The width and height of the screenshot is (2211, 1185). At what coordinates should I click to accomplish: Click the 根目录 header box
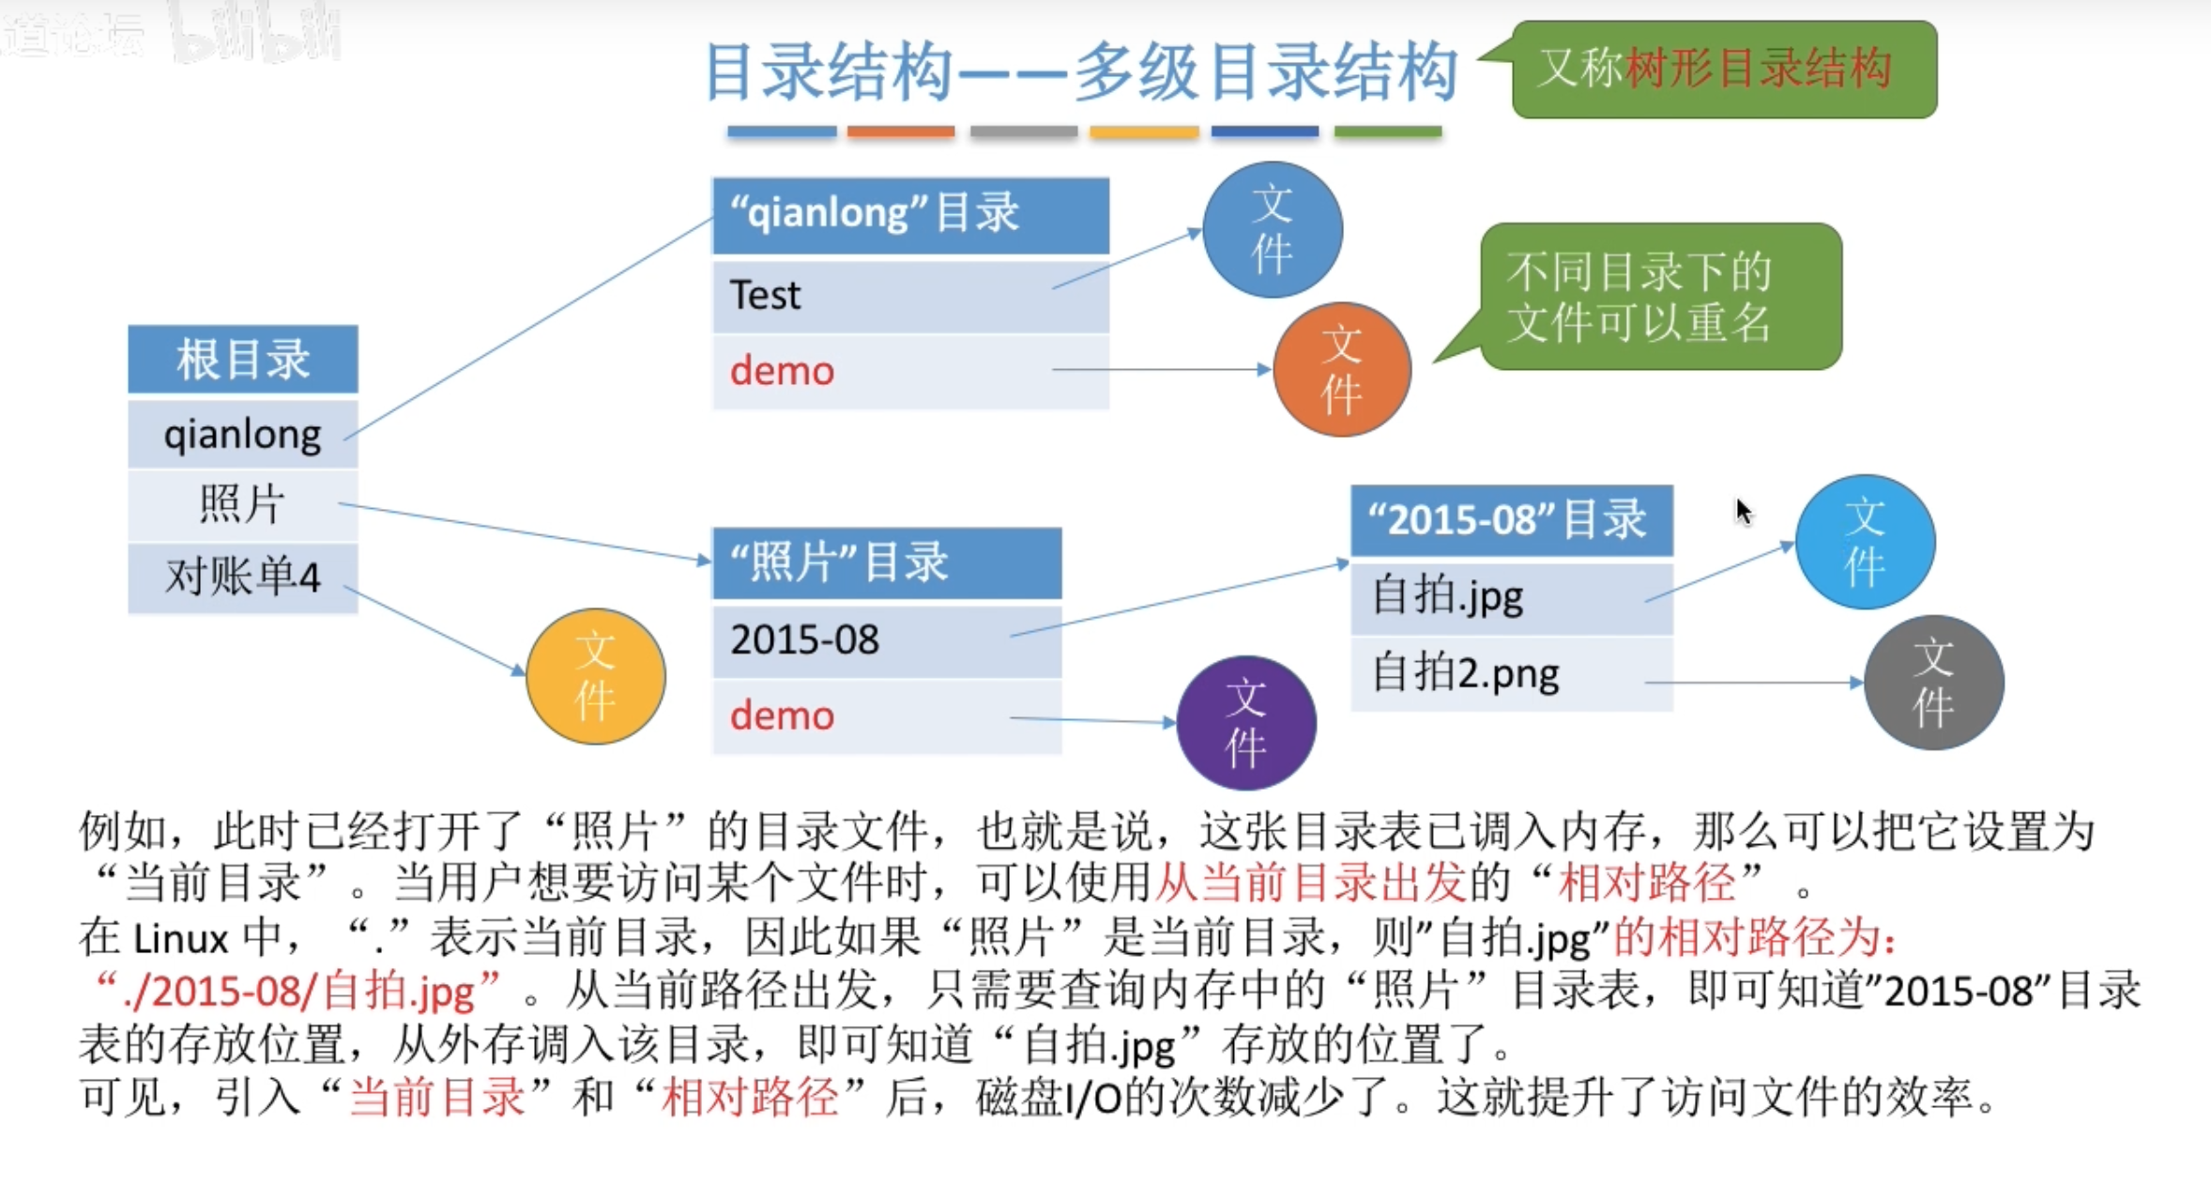242,359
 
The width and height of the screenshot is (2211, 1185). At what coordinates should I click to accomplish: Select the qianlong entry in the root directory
242,435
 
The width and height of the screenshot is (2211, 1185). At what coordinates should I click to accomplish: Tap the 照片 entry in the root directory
242,505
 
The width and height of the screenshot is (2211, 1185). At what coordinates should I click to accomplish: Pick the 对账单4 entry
242,577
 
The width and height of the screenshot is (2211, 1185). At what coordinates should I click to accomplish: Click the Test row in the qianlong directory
909,296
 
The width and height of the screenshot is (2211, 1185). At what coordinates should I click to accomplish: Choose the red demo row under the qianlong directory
909,372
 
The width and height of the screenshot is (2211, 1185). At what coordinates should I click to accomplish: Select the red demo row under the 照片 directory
886,716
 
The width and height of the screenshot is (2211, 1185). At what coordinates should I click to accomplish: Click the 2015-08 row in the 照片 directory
886,640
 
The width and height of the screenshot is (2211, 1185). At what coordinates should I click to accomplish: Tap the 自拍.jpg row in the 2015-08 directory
1511,597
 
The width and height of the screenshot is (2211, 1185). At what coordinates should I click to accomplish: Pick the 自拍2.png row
1511,674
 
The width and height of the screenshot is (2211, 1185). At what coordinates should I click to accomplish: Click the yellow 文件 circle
595,676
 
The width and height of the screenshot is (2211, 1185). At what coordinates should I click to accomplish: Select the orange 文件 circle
1341,370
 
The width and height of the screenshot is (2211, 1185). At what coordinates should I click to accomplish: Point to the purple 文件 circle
1245,723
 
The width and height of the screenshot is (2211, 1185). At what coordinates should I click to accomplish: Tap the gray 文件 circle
1933,683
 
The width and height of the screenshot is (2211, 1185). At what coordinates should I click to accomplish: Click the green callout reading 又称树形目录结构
1723,69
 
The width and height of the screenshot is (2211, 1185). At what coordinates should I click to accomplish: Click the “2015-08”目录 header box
1511,520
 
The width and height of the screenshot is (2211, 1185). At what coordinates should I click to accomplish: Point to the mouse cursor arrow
1743,511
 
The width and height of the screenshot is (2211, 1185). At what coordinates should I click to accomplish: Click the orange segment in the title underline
900,132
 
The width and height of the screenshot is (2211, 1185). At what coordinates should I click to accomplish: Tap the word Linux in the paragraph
180,938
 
